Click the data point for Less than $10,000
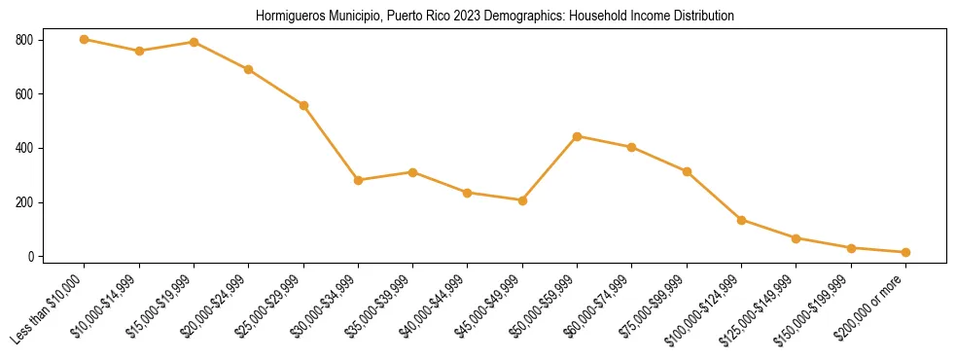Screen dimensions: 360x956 (x=85, y=40)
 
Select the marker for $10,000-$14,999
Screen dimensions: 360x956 (x=139, y=51)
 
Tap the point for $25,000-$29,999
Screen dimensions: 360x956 (x=303, y=105)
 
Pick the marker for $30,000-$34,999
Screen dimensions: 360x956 (x=358, y=180)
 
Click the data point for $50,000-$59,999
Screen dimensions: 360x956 (x=577, y=136)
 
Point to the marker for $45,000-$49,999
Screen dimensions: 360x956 (x=522, y=200)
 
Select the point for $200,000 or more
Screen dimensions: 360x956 (x=905, y=252)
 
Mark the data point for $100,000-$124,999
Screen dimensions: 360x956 (x=741, y=220)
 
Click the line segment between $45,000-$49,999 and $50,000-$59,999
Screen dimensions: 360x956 (x=549, y=168)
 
